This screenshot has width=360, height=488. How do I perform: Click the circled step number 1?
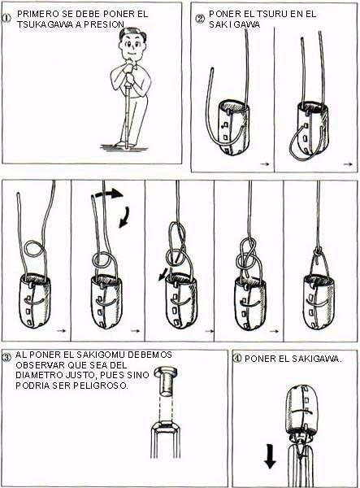[x=7, y=17]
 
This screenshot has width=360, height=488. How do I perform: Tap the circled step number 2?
[x=200, y=19]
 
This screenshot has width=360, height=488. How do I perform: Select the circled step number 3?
[x=7, y=357]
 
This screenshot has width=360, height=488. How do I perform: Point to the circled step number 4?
[x=237, y=358]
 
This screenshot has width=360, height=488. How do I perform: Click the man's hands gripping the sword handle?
[x=130, y=73]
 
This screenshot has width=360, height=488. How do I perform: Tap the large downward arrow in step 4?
[x=270, y=457]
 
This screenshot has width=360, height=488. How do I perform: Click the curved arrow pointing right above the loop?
[x=109, y=194]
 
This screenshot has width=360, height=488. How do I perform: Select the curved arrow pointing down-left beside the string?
[x=124, y=216]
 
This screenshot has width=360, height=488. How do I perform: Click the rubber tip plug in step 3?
[x=166, y=381]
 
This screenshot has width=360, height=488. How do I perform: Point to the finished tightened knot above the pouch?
[x=318, y=251]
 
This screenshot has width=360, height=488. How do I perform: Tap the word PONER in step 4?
[x=260, y=359]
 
